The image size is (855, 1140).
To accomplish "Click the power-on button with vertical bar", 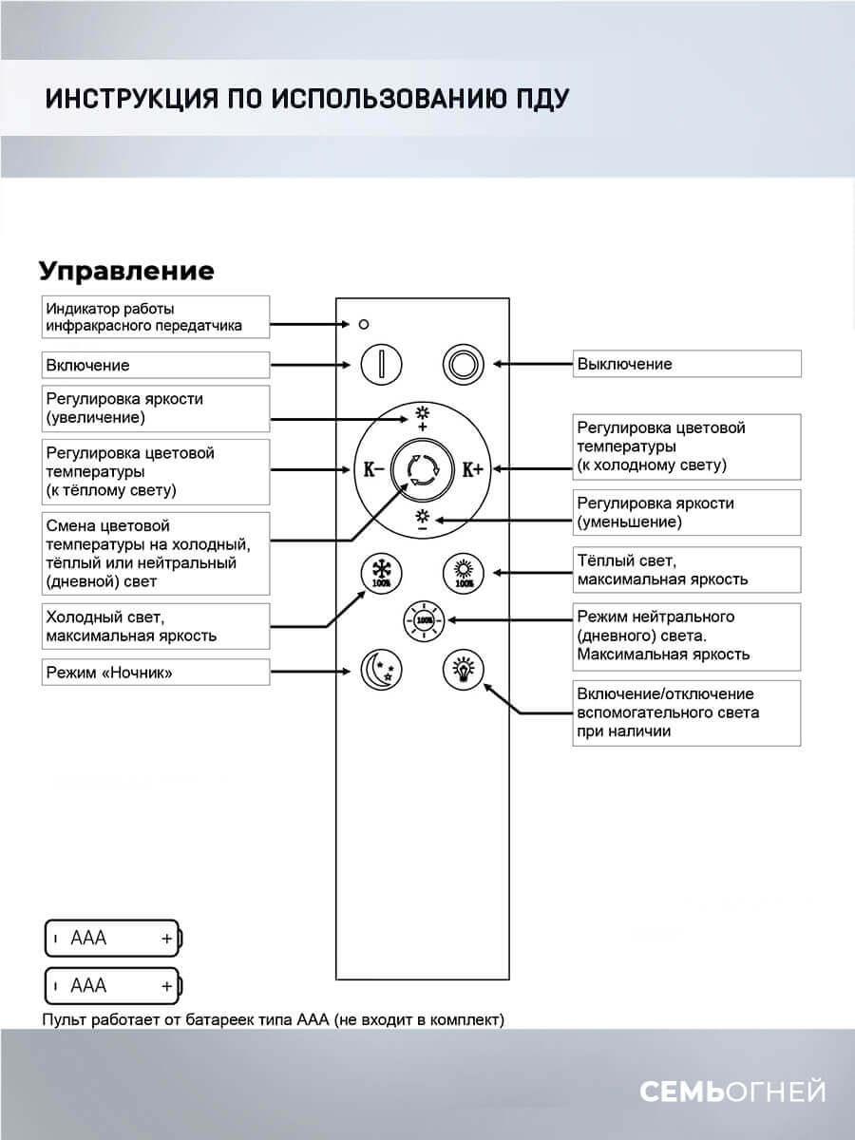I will click(x=380, y=364).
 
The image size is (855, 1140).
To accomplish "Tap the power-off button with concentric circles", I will click(x=465, y=364).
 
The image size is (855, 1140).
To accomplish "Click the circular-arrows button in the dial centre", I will click(x=422, y=468).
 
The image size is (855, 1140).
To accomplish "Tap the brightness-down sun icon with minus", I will click(x=422, y=520).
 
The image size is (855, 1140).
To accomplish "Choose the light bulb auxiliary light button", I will click(x=464, y=670).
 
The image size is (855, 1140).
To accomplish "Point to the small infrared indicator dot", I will click(x=364, y=324).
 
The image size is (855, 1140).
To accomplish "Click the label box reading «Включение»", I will click(x=156, y=365).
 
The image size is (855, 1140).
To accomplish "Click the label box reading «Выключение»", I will click(x=687, y=364).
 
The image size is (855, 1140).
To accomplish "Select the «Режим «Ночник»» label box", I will click(x=156, y=673).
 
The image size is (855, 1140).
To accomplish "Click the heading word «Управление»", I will click(x=126, y=272).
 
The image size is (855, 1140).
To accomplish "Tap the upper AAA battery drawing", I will click(x=114, y=939).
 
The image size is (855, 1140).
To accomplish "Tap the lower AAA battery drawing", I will click(x=114, y=986).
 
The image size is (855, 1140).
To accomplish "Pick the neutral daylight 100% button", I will click(x=423, y=621).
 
